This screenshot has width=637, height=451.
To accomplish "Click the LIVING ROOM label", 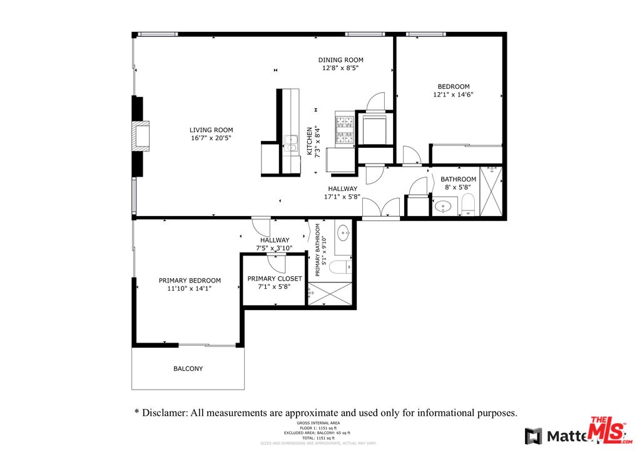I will (211, 130).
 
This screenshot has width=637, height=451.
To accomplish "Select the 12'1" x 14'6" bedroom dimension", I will (453, 95).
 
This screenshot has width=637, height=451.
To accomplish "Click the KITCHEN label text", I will (309, 141).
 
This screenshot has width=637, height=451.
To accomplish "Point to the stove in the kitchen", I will (344, 128).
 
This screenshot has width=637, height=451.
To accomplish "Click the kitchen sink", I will (290, 143).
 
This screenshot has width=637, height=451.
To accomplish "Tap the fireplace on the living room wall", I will (141, 136).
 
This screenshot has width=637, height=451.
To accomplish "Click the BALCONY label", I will (188, 369).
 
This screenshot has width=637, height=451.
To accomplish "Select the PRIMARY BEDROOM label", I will (190, 281).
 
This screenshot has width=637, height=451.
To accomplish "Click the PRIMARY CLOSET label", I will (275, 279).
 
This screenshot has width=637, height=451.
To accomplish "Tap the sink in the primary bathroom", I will (343, 234).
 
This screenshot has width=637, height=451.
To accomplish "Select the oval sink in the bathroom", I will (445, 206).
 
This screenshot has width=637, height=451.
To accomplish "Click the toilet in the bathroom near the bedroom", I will (469, 205).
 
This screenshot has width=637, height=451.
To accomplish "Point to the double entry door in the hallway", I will (380, 209).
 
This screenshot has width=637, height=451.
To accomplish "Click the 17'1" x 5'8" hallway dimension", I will (342, 197).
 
